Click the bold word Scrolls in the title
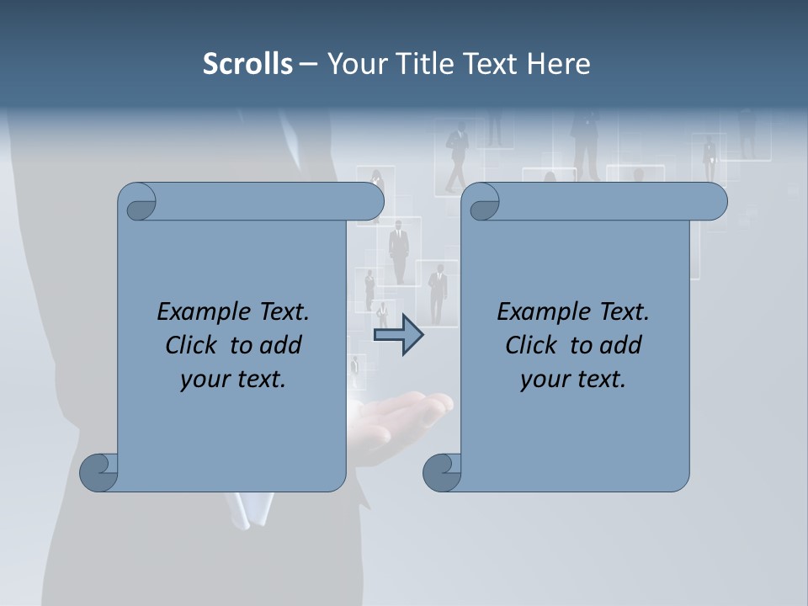[248, 64]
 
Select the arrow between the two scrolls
[398, 335]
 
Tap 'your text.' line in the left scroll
[233, 380]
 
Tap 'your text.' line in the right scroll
[573, 380]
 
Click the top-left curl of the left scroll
[138, 203]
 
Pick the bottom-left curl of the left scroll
[99, 471]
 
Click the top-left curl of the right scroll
[482, 203]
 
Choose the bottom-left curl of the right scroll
[442, 471]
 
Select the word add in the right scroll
[622, 345]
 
